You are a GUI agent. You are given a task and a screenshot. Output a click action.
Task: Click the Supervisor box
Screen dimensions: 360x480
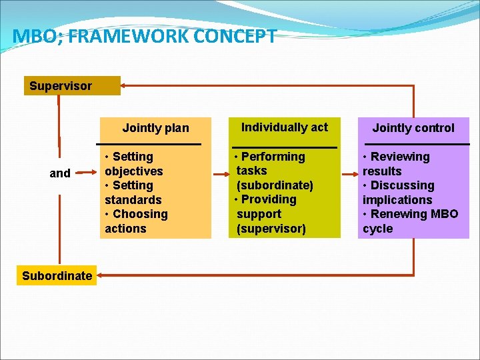point(71,86)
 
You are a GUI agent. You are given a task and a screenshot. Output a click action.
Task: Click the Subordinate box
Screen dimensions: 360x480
point(57,275)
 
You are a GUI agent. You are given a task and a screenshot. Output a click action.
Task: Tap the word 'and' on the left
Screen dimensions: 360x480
point(60,173)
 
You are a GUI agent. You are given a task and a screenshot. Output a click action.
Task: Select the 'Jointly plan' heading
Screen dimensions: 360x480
point(155,128)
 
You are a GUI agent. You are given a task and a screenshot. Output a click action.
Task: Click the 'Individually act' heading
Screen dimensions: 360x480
point(284,127)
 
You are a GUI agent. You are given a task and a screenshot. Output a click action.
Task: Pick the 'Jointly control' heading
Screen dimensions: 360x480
point(413,128)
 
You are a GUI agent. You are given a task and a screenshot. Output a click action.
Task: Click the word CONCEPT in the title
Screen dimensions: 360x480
point(235,37)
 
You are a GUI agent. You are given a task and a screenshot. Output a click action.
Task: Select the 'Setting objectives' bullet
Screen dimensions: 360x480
point(133,164)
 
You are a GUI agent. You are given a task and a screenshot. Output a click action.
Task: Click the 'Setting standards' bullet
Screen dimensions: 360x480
point(133,193)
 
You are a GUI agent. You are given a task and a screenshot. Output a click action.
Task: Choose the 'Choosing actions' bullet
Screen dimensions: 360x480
point(136,221)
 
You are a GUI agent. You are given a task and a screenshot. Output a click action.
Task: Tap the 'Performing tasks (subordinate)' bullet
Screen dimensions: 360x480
point(273,171)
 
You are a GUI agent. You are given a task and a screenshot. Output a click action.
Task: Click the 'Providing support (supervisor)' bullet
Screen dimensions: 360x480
point(270,214)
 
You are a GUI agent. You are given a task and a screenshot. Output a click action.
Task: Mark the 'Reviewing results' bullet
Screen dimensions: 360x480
point(397,164)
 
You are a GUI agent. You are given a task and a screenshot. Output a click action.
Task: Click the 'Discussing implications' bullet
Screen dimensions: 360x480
point(399,193)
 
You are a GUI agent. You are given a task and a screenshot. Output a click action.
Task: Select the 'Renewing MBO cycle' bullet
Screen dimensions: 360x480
point(410,221)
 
